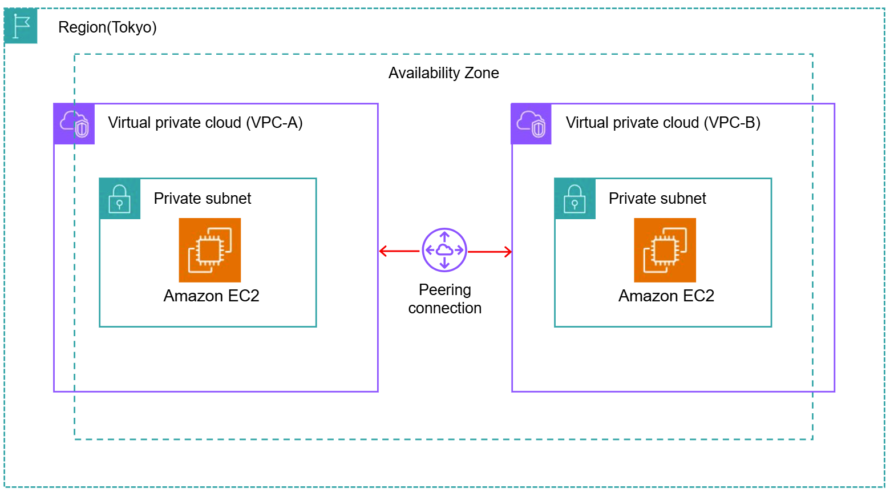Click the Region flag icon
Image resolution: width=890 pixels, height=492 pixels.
pos(21,26)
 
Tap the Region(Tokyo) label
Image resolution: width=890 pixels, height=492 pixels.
pos(107,27)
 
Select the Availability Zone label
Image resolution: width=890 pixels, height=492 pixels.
pos(443,73)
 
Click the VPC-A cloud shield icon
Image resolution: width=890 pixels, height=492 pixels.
pos(75,124)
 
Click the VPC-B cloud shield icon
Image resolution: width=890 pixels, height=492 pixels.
pos(531,124)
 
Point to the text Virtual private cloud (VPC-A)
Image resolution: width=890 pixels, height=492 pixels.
pos(205,123)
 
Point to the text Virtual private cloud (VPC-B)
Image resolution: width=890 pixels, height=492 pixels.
pos(662,123)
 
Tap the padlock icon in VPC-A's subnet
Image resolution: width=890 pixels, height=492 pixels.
pos(120,199)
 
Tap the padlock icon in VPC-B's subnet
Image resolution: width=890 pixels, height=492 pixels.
pos(575,199)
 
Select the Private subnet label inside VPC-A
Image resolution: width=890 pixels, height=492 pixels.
pos(202,199)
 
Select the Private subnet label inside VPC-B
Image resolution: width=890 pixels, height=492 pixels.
pos(657,199)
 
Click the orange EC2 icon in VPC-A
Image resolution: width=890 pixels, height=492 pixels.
pos(210,250)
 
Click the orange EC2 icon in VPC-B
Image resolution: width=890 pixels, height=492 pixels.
pos(665,250)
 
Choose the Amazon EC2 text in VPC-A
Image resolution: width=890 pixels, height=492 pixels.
pos(211,296)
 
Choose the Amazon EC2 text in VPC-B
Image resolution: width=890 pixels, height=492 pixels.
pos(666,296)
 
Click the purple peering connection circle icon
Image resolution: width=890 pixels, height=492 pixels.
pos(444,250)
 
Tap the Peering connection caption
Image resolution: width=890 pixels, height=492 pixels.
pos(444,299)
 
